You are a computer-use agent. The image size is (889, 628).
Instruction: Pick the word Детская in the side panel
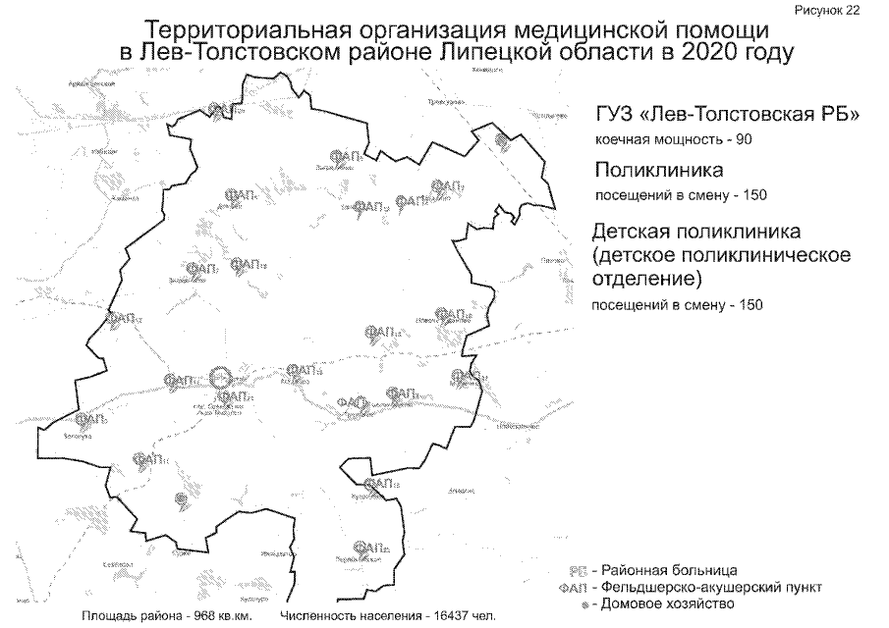pos(637,234)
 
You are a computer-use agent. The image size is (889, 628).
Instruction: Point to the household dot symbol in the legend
pos(584,604)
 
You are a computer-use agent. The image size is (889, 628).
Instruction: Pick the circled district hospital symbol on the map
pos(222,375)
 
